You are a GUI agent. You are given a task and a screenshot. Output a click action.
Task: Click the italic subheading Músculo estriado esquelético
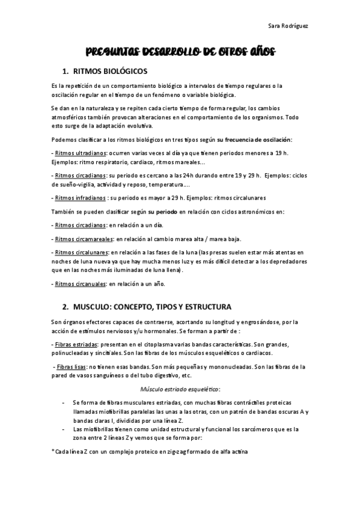(x=180, y=389)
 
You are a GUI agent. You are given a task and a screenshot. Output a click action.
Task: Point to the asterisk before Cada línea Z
(x=53, y=451)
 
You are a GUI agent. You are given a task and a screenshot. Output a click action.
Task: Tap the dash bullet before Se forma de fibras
(x=64, y=401)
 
